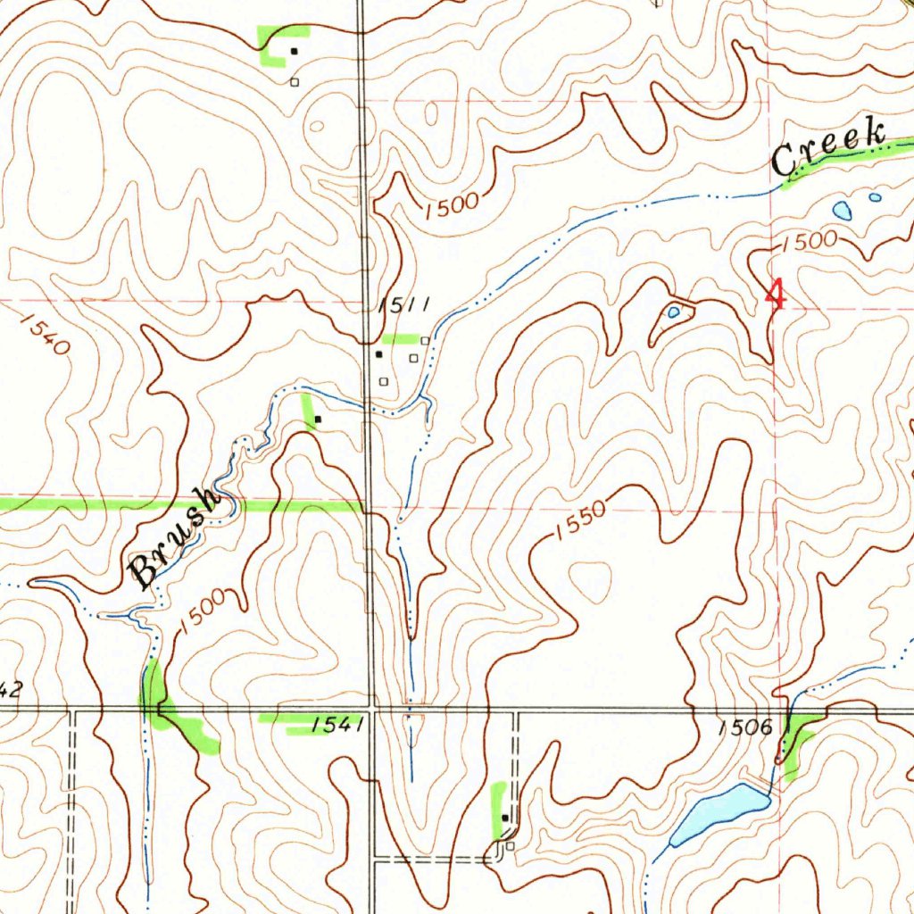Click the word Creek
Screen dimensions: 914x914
pyautogui.click(x=828, y=148)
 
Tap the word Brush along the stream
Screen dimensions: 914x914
pyautogui.click(x=175, y=538)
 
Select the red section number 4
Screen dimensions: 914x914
pyautogui.click(x=777, y=295)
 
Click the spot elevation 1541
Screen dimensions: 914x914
pyautogui.click(x=338, y=727)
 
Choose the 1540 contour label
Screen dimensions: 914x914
pyautogui.click(x=42, y=334)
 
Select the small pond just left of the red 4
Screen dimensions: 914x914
pyautogui.click(x=673, y=312)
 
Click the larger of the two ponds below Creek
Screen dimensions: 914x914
pyautogui.click(x=842, y=211)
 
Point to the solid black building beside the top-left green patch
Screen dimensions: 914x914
pyautogui.click(x=293, y=51)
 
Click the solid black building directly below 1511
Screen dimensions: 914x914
pyautogui.click(x=378, y=354)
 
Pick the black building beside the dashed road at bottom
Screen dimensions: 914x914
pyautogui.click(x=505, y=817)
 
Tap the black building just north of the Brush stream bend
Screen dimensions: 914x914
pyautogui.click(x=318, y=419)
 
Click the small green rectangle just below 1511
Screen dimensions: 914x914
pyautogui.click(x=400, y=338)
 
